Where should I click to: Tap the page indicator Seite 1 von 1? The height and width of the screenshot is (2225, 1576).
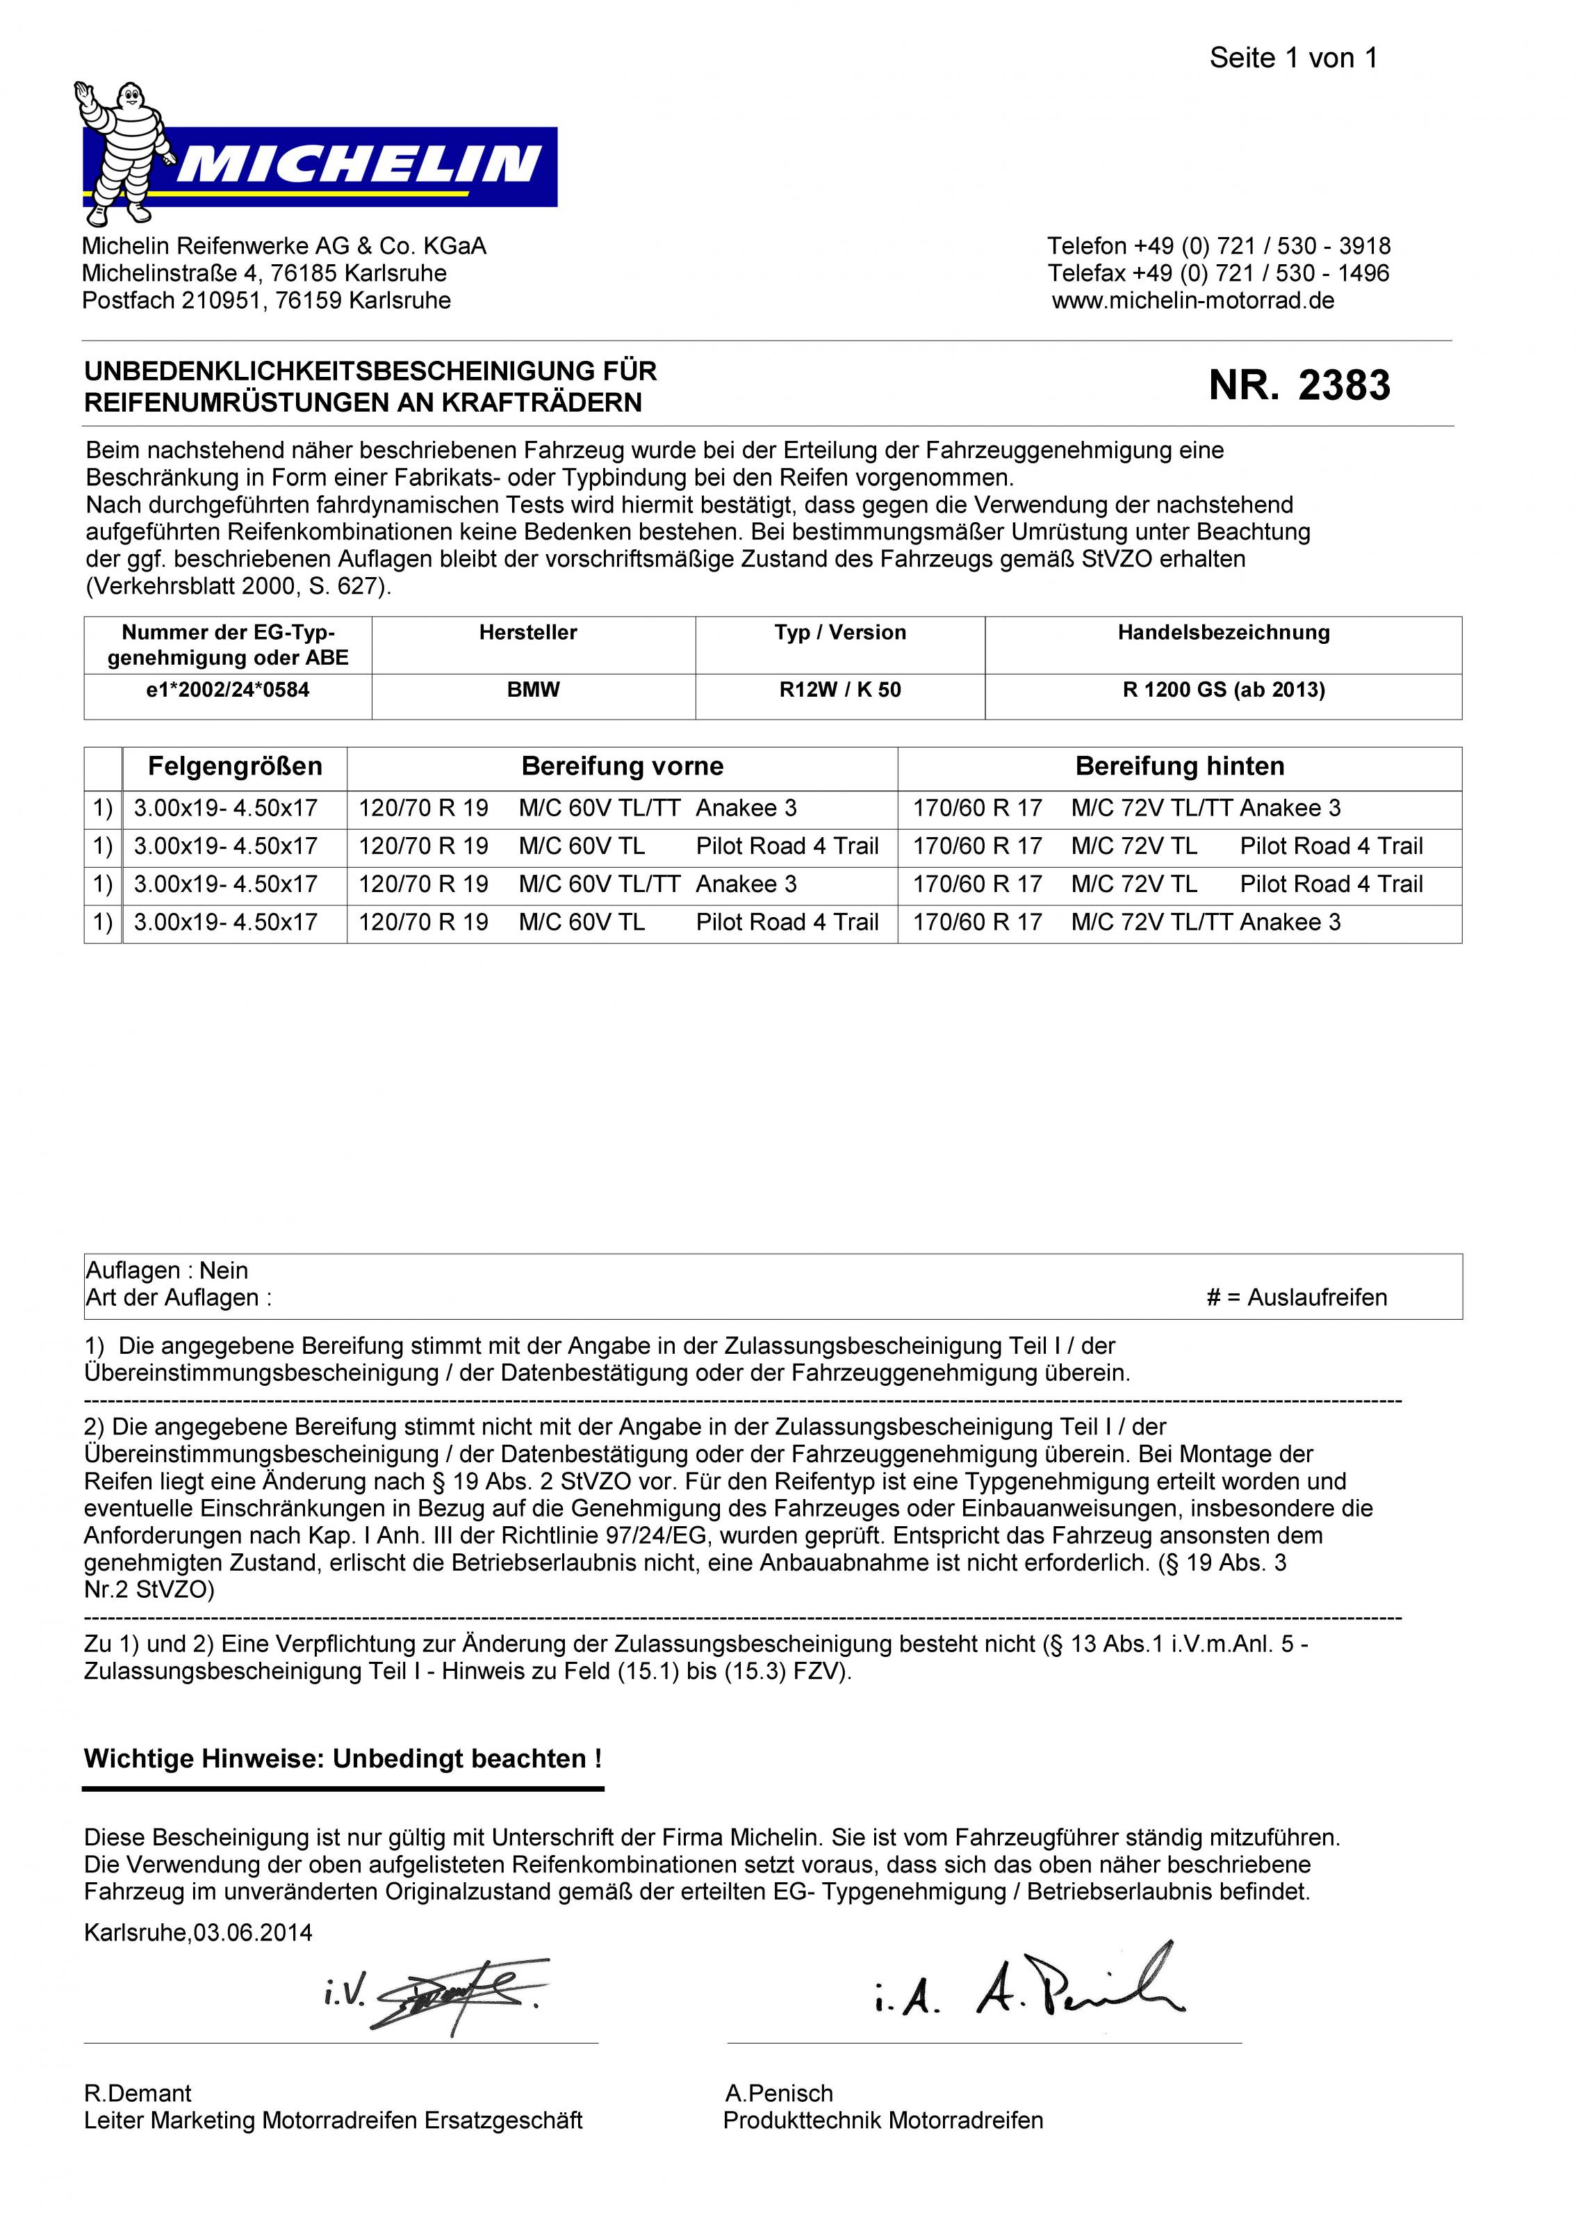tap(1292, 58)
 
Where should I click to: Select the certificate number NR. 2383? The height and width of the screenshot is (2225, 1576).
tap(1299, 385)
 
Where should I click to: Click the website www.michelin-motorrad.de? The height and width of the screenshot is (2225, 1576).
tap(1192, 301)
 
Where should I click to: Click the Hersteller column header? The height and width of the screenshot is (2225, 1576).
tap(528, 633)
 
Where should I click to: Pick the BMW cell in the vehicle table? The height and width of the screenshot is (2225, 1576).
tap(533, 690)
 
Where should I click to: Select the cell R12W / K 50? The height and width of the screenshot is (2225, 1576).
tap(839, 690)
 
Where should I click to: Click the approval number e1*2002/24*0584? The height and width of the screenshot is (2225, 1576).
tap(227, 690)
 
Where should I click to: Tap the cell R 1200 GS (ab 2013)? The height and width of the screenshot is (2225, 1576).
tap(1223, 690)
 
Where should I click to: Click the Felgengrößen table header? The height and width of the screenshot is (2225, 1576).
tap(235, 767)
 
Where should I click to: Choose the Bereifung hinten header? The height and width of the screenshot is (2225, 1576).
tap(1179, 767)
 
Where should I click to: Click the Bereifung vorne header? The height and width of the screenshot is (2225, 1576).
tap(622, 767)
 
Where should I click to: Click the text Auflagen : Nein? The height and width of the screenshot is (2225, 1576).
tap(167, 1271)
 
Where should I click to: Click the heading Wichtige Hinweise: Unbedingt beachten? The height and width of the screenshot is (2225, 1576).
tap(343, 1759)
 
